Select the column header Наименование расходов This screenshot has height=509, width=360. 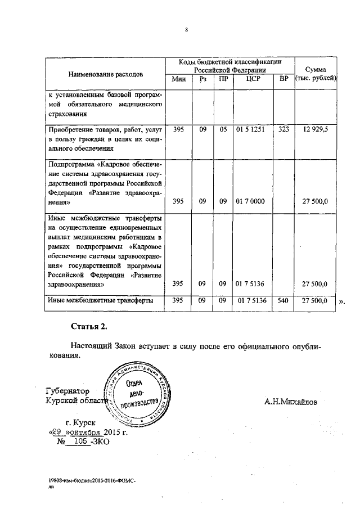pos(106,74)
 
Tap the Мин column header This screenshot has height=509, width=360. pos(179,79)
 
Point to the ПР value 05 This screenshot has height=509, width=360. pos(223,129)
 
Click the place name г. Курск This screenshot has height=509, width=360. pos(82,422)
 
